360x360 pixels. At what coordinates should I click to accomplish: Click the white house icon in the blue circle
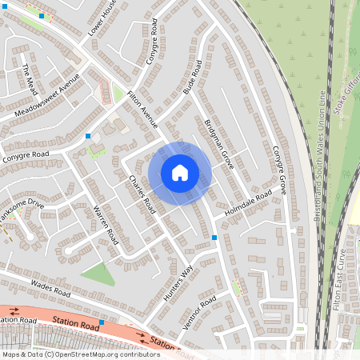[x=180, y=172]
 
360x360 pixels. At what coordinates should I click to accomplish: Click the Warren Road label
[x=106, y=226]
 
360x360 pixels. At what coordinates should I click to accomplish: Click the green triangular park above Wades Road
[x=98, y=274]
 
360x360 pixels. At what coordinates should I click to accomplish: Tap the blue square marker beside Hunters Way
[x=214, y=238]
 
